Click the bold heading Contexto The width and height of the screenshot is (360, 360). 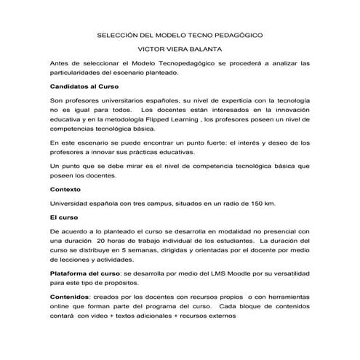click(65, 189)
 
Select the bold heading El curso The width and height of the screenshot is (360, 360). click(65, 217)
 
